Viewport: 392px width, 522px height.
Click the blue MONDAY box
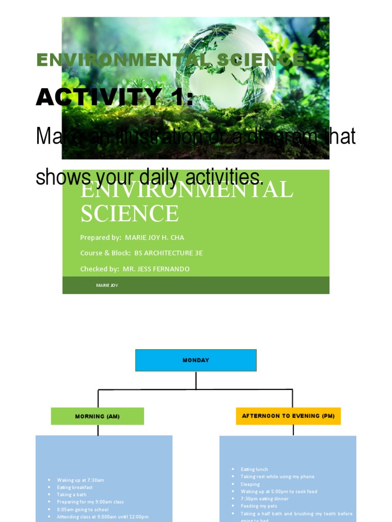coord(195,360)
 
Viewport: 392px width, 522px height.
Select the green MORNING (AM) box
coord(97,416)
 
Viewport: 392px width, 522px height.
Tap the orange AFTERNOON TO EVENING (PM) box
coord(288,416)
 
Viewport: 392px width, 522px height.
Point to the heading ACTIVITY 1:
coord(115,97)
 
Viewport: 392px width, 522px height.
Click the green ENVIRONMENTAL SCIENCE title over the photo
coord(170,60)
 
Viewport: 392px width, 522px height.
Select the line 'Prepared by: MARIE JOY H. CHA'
coord(132,238)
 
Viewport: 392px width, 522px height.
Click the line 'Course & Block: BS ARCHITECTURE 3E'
coord(141,253)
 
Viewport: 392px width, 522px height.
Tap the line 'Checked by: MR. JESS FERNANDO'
coord(135,269)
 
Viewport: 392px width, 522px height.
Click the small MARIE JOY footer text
coord(107,285)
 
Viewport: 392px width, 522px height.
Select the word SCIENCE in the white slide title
coord(130,213)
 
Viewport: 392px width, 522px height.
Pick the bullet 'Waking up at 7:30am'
coord(80,480)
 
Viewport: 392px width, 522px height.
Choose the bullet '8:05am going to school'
coord(82,509)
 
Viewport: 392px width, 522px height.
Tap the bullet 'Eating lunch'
coord(254,469)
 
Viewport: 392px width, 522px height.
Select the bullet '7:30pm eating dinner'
coord(264,499)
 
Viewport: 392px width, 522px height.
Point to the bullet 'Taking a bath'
coord(71,494)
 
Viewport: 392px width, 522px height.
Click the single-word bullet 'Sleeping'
coord(250,484)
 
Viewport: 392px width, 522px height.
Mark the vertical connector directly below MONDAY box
coord(196,380)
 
